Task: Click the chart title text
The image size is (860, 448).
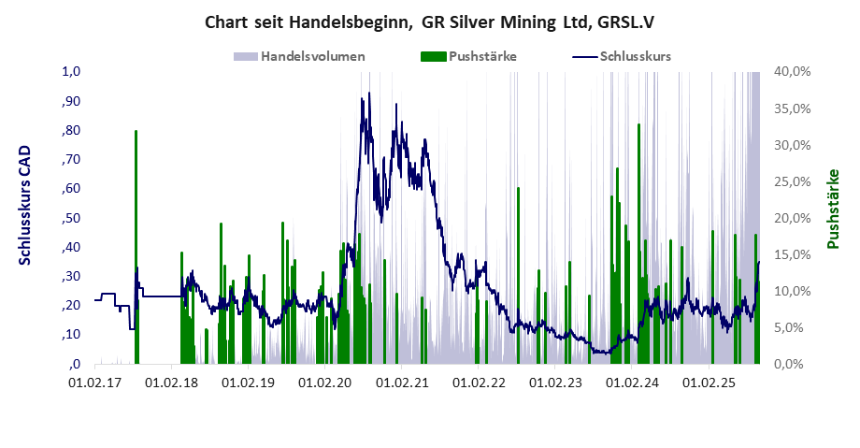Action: (429, 22)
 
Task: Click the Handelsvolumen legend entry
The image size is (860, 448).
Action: (312, 56)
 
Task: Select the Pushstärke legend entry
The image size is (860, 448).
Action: (482, 56)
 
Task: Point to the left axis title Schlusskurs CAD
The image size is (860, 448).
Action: (25, 205)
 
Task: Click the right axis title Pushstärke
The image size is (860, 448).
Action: (832, 209)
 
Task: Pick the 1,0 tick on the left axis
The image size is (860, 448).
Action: (73, 71)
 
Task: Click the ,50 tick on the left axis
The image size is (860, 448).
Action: (73, 218)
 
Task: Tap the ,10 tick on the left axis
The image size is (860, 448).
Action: (73, 335)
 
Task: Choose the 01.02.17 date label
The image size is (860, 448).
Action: (94, 383)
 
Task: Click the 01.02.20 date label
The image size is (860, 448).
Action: (324, 383)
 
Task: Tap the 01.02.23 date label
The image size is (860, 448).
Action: (555, 383)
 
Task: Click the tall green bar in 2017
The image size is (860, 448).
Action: (136, 243)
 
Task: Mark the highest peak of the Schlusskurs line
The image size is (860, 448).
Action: (369, 94)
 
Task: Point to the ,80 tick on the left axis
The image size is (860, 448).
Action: (73, 130)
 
